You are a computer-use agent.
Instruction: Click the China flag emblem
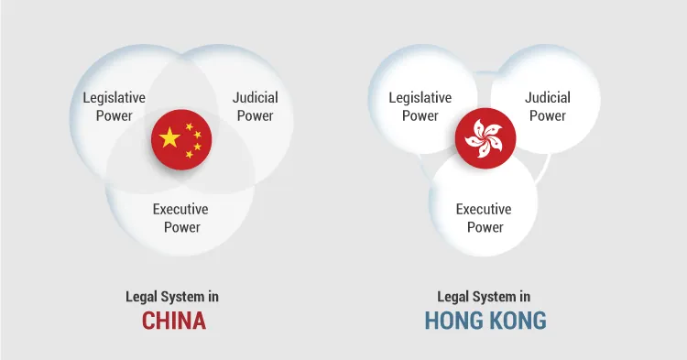pyautogui.click(x=181, y=139)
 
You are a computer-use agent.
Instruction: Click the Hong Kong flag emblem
pyautogui.click(x=485, y=139)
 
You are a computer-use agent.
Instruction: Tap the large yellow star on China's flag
pyautogui.click(x=170, y=138)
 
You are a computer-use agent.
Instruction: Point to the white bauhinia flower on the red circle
pyautogui.click(x=485, y=139)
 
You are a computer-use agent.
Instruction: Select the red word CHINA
pyautogui.click(x=173, y=321)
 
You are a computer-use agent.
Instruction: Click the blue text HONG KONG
pyautogui.click(x=485, y=321)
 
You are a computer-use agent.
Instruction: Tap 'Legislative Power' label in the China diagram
pyautogui.click(x=114, y=106)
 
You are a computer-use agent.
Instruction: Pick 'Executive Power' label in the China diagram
pyautogui.click(x=181, y=218)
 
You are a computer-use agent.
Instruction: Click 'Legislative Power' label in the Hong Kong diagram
pyautogui.click(x=420, y=106)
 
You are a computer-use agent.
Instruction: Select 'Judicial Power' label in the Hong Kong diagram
pyautogui.click(x=548, y=106)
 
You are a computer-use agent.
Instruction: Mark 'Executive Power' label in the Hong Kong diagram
pyautogui.click(x=485, y=218)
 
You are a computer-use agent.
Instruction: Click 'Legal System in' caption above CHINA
pyautogui.click(x=172, y=297)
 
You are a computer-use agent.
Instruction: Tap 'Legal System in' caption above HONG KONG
pyautogui.click(x=484, y=297)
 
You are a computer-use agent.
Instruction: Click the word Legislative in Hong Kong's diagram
pyautogui.click(x=420, y=98)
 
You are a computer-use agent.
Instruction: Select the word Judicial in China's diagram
pyautogui.click(x=255, y=98)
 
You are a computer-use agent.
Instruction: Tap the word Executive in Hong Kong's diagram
pyautogui.click(x=485, y=210)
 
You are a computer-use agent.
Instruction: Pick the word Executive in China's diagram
pyautogui.click(x=181, y=210)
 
